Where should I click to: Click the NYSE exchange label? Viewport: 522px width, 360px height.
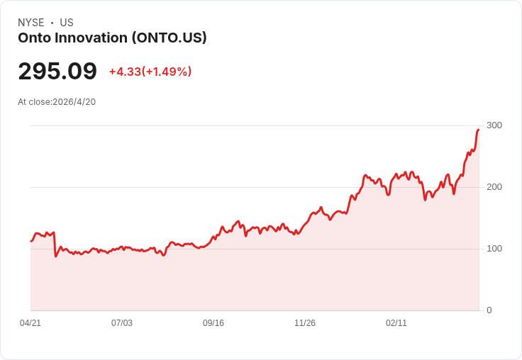(31, 23)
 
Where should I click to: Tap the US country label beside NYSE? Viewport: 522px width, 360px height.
(67, 23)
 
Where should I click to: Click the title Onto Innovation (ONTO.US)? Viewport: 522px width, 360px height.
(112, 38)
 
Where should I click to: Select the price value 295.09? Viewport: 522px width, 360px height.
(57, 72)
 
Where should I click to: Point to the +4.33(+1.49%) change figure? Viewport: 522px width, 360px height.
(150, 72)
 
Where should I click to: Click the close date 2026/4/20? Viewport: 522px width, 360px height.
(74, 102)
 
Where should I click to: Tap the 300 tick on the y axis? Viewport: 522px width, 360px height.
(494, 125)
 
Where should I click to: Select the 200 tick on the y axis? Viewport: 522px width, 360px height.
(494, 187)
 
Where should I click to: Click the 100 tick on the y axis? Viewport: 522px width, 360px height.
(494, 249)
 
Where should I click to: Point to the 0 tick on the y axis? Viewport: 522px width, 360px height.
(489, 310)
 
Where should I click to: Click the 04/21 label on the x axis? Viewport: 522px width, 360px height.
(30, 323)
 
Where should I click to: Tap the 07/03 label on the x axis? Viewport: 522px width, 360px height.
(122, 323)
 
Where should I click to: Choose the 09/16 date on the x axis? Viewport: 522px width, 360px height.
(213, 323)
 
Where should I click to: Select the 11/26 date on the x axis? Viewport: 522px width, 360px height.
(305, 323)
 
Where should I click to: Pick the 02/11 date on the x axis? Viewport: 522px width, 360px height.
(396, 323)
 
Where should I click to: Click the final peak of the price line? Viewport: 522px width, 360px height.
(478, 130)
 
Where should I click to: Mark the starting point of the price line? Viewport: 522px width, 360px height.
(31, 242)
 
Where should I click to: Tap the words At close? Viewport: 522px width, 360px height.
(34, 102)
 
